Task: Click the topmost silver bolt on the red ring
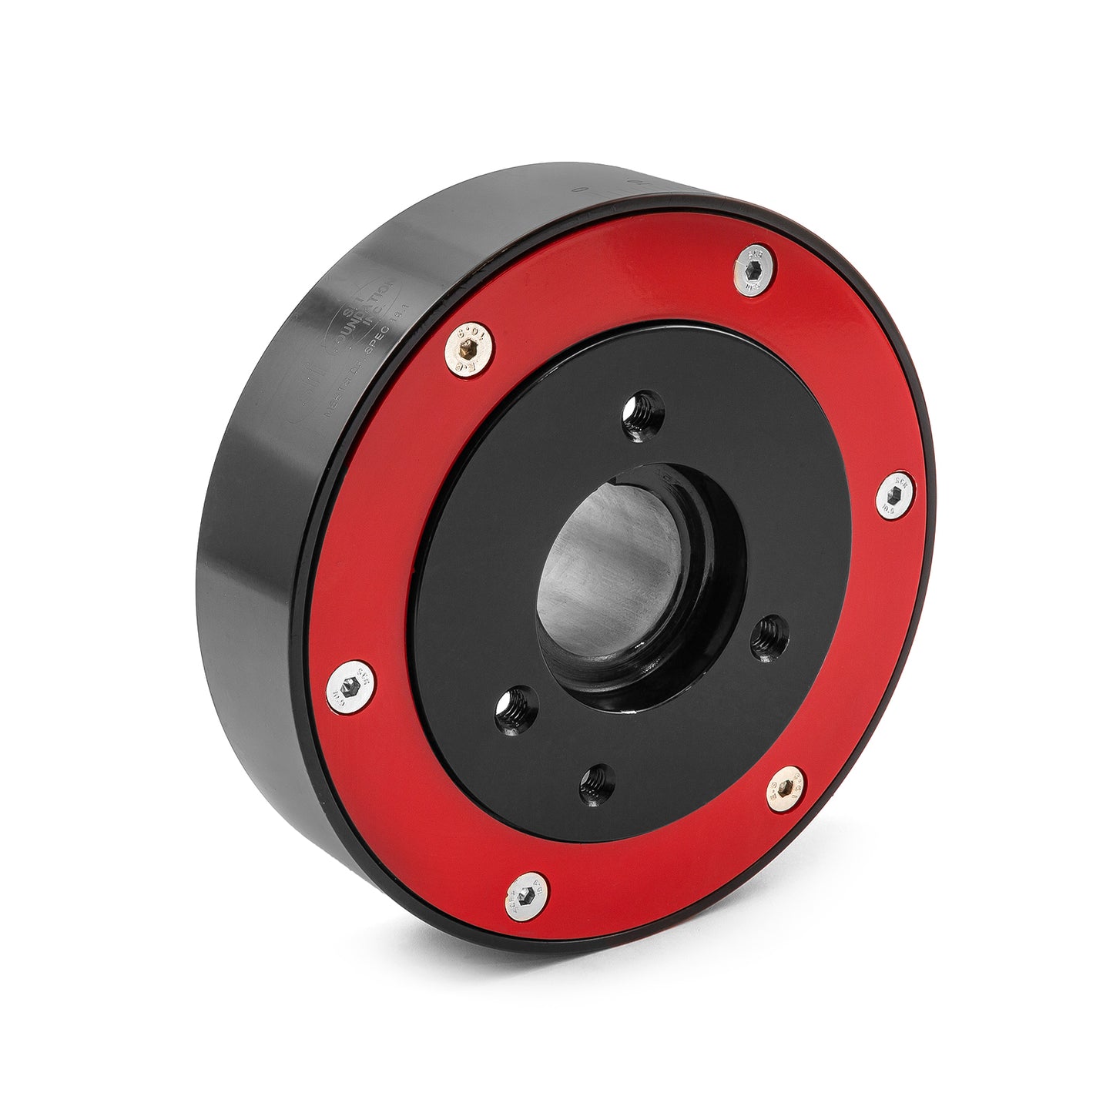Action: (x=754, y=270)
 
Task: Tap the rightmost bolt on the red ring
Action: (x=896, y=495)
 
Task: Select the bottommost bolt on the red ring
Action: (x=528, y=896)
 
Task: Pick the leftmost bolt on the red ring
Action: (x=350, y=686)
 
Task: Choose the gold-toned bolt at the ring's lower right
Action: (x=787, y=789)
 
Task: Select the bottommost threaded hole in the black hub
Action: (x=597, y=785)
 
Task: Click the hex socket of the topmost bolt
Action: (x=755, y=270)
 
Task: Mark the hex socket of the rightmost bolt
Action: (x=897, y=495)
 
